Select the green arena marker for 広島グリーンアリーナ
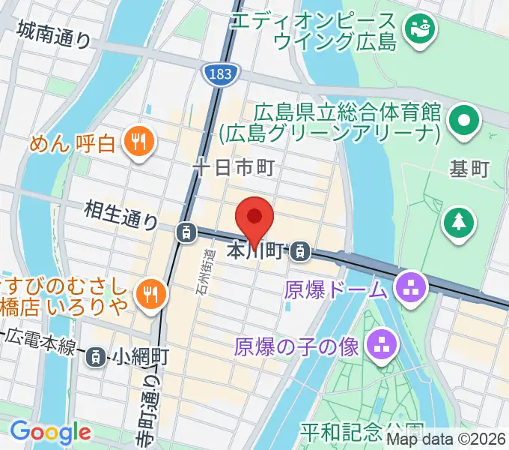coord(463,120)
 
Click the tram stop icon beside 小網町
coord(95,357)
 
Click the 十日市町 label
coord(235,168)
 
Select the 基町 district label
coord(470,169)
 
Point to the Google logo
coord(50,431)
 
